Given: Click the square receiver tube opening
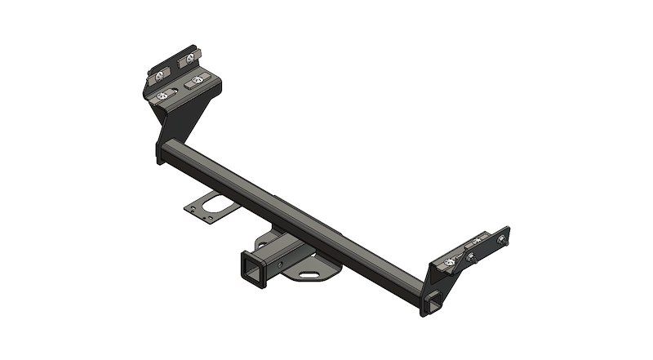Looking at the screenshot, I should tap(250, 267).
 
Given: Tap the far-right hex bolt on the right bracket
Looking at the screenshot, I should tap(499, 238).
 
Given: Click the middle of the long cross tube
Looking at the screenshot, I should tap(294, 216).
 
